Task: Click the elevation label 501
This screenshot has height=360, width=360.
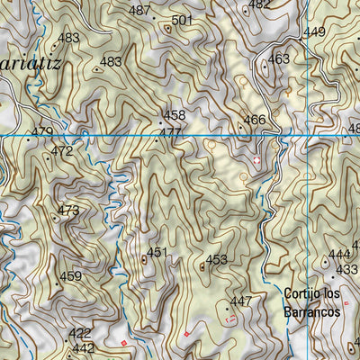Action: click(182, 20)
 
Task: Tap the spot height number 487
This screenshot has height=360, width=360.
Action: click(139, 11)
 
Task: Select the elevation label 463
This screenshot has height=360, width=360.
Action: click(279, 59)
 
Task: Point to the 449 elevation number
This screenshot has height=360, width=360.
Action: click(314, 32)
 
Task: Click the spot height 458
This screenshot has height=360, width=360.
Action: click(175, 115)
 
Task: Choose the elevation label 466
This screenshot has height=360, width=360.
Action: click(255, 120)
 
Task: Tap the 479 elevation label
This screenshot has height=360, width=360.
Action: click(41, 132)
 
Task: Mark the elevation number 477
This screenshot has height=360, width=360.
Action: click(170, 133)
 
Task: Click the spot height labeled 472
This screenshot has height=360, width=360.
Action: click(62, 151)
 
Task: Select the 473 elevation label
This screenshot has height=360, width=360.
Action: click(68, 211)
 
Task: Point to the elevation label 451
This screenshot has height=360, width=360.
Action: click(157, 253)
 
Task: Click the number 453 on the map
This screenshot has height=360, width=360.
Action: click(216, 260)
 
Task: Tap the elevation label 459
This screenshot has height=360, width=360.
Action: click(71, 276)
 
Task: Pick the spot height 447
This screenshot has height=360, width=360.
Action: click(241, 301)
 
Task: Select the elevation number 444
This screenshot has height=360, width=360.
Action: click(339, 255)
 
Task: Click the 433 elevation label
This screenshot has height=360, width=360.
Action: click(346, 269)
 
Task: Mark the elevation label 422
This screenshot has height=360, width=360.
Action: click(80, 333)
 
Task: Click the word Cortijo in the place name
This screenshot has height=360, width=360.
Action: click(301, 293)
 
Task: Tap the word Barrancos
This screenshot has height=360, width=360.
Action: click(311, 310)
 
